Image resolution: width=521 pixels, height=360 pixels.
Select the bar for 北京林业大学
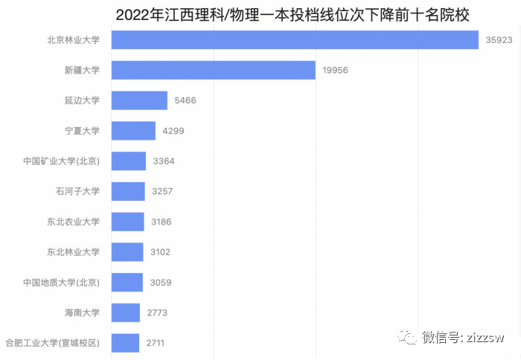pos(295,40)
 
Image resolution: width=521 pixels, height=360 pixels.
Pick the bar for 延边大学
pos(139,100)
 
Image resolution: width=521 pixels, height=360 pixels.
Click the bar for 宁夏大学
pos(133,131)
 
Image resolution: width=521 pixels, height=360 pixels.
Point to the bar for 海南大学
pos(126,312)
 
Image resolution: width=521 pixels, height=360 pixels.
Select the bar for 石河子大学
pos(128,191)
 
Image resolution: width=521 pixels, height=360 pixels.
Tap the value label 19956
pos(336,70)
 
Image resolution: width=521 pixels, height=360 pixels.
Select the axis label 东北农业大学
pos(73,222)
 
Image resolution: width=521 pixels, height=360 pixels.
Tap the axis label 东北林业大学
pos(73,252)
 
